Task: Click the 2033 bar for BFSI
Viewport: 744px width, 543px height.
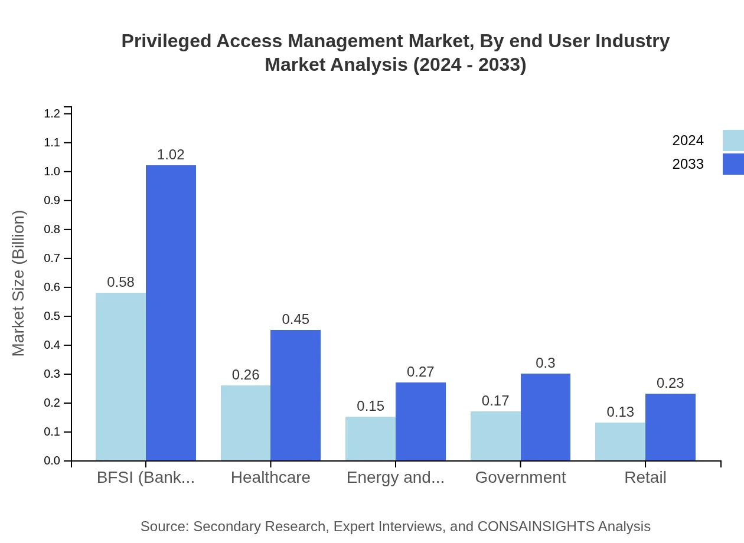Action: pos(171,313)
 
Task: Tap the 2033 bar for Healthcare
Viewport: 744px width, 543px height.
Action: pos(295,395)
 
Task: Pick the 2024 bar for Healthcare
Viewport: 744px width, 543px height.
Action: pos(246,423)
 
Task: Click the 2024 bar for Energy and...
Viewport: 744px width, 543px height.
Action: pos(370,439)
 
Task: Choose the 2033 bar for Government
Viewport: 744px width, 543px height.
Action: pos(546,417)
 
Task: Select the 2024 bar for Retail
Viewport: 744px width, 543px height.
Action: pos(620,441)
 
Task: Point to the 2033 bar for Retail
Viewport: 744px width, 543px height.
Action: pos(670,427)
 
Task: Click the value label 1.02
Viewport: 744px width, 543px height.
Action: pos(171,155)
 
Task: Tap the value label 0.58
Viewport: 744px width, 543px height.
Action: pos(120,282)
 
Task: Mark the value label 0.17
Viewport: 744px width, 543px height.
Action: pos(495,401)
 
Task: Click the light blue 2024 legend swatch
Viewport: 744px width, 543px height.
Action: pos(733,140)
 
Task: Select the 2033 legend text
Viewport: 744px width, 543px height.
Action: pos(688,164)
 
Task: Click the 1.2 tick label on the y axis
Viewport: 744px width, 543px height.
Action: pos(53,113)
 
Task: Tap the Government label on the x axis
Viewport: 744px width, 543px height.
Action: pos(520,477)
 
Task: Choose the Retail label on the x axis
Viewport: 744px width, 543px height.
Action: pos(645,477)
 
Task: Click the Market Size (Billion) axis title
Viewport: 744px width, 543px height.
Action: pos(19,283)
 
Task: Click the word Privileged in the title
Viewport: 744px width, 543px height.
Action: pos(166,41)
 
